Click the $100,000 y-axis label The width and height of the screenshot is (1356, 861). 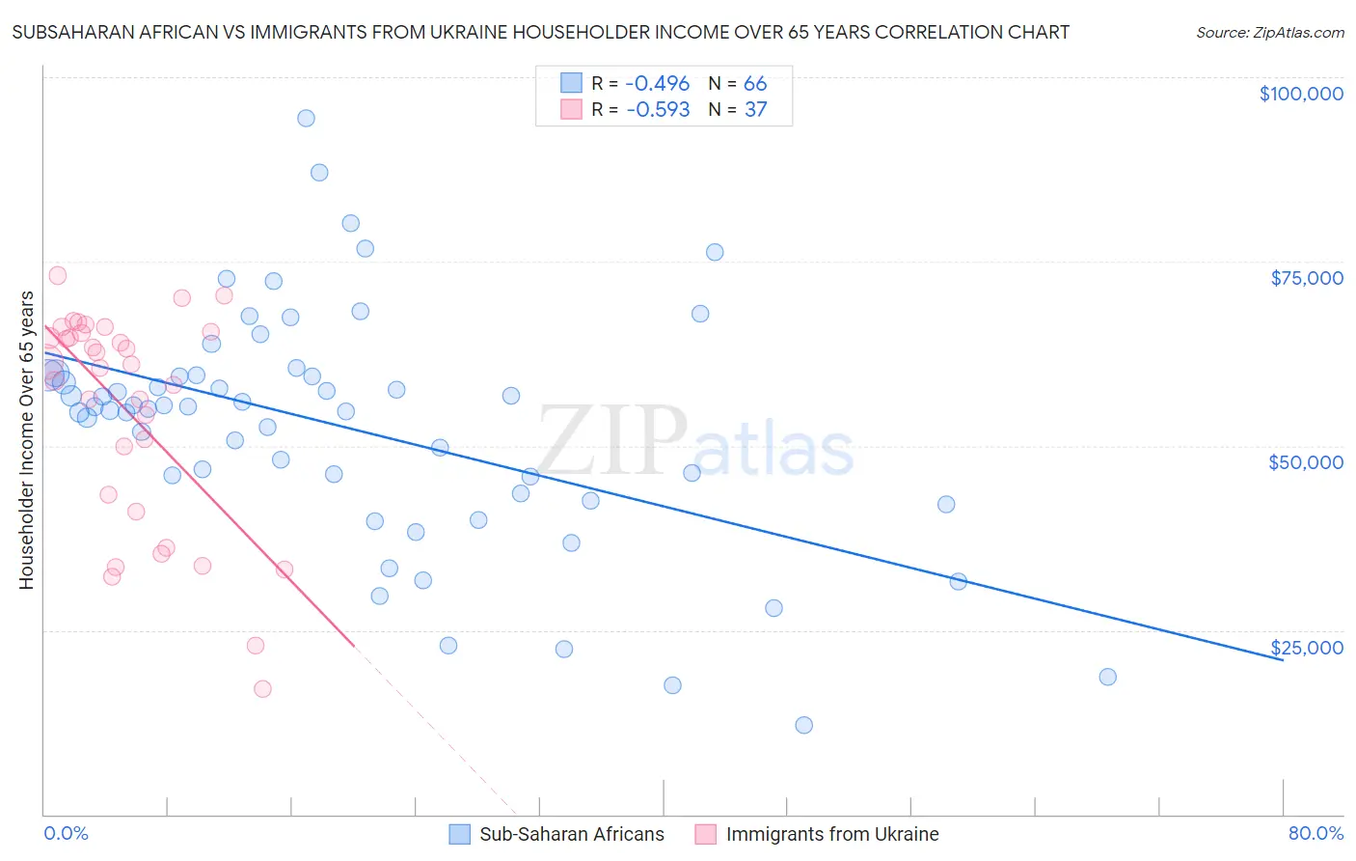(x=1301, y=94)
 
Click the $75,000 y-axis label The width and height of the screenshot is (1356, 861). (x=1307, y=278)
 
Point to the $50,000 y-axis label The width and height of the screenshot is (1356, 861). (x=1306, y=462)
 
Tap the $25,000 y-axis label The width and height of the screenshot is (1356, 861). (x=1307, y=648)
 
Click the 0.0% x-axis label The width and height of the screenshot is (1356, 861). (x=66, y=833)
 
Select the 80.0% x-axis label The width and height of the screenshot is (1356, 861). (x=1315, y=833)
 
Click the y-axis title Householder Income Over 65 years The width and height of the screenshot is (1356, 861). (x=27, y=440)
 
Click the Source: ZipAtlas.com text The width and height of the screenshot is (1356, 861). (x=1269, y=33)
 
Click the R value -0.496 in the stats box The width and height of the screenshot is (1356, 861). (x=658, y=84)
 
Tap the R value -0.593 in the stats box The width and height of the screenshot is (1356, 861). (x=658, y=110)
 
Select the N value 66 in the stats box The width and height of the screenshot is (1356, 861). (x=755, y=84)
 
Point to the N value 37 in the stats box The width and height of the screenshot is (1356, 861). (x=755, y=110)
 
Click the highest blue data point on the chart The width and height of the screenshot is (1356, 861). (x=306, y=118)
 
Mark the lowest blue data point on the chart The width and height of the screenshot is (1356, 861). (x=803, y=725)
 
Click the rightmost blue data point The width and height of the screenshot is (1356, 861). (x=1107, y=677)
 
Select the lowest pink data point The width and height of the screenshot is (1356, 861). (x=262, y=689)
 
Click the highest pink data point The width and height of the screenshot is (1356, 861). (x=58, y=275)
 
